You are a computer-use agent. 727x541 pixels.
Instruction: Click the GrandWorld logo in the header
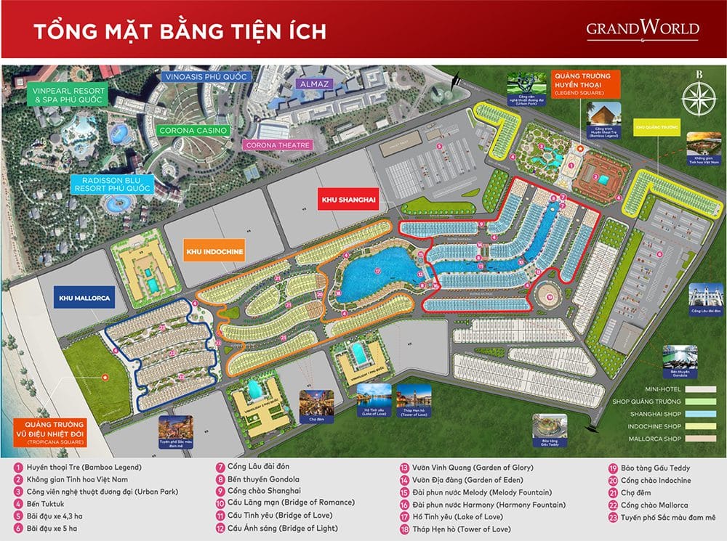pos(643,30)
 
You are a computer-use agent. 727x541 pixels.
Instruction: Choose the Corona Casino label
pos(193,130)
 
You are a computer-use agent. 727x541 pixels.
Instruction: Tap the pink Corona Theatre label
pos(277,145)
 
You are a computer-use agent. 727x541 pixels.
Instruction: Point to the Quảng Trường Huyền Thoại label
pos(587,82)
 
